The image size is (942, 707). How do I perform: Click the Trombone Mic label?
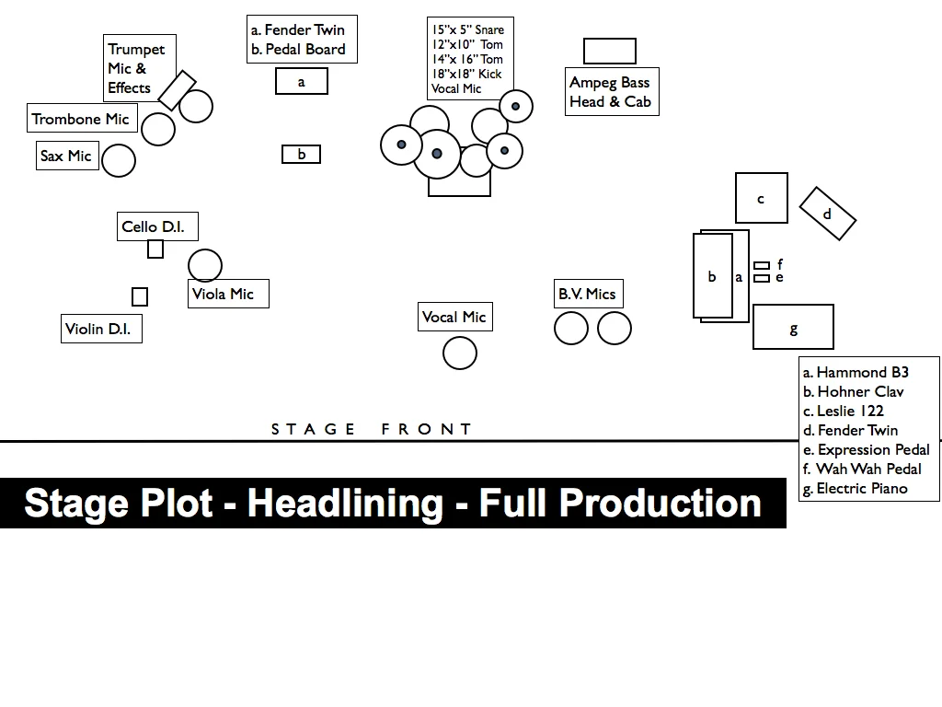tap(82, 119)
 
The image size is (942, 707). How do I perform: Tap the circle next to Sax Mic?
tap(119, 160)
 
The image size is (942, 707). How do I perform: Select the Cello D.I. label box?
tap(157, 226)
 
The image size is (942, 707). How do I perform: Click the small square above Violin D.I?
tap(140, 296)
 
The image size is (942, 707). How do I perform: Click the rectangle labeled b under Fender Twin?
tap(301, 155)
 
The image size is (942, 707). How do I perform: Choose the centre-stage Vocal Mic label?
tap(454, 317)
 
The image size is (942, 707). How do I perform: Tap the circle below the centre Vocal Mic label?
tap(460, 353)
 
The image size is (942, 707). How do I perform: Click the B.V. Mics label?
tap(588, 294)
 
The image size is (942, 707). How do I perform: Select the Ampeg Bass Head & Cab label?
tap(610, 92)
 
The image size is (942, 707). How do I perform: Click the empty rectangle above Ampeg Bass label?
tap(609, 51)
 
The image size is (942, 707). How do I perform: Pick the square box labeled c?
tap(761, 198)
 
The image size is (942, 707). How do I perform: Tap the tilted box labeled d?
tap(827, 214)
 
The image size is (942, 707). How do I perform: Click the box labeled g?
tap(793, 328)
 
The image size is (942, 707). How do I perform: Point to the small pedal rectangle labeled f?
tap(762, 265)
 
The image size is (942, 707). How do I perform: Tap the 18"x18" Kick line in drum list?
tap(467, 74)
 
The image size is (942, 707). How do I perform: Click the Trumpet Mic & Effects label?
tap(137, 68)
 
